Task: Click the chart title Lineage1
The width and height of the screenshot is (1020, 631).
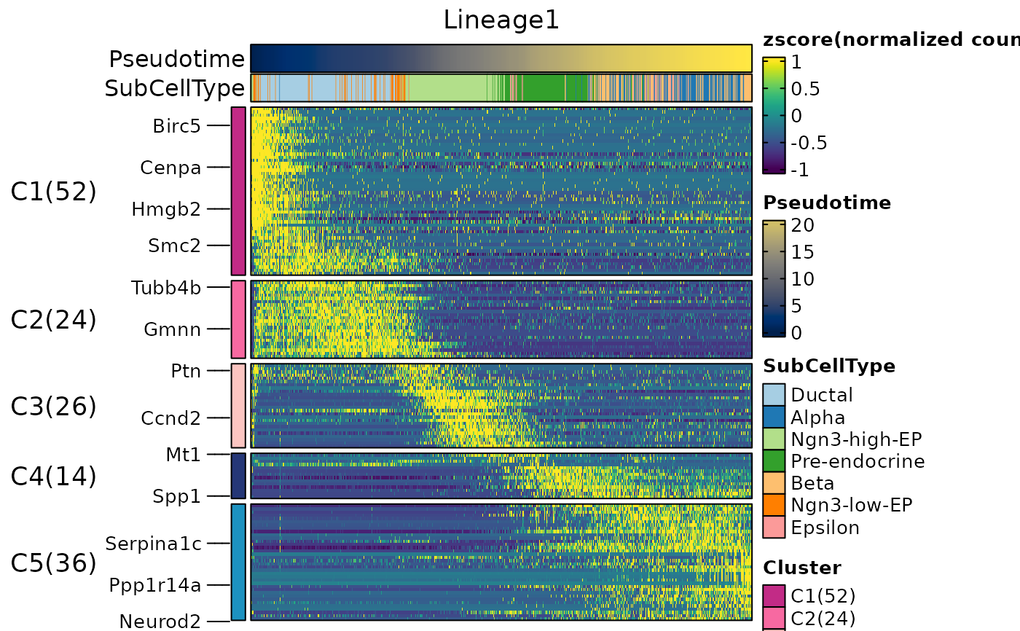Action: tap(501, 20)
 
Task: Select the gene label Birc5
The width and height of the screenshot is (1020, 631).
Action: tap(176, 126)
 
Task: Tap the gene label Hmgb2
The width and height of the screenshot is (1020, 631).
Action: tap(166, 209)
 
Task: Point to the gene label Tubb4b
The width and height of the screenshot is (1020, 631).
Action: tap(166, 288)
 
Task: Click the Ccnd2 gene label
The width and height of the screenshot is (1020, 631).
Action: tap(170, 418)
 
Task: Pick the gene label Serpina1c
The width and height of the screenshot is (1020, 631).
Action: tap(154, 544)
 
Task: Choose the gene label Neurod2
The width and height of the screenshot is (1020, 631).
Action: tap(160, 622)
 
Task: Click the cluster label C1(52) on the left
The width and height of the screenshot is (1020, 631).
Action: tap(53, 191)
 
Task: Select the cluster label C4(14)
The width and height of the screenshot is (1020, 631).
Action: tap(53, 476)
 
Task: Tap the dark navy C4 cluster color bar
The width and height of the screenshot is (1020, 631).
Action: tap(239, 476)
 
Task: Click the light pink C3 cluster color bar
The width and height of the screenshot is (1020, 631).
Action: tap(239, 406)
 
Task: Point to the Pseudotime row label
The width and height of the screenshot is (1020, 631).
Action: tap(176, 59)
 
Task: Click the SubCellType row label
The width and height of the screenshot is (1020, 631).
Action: tap(174, 88)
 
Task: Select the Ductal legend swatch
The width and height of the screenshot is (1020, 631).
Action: tap(774, 395)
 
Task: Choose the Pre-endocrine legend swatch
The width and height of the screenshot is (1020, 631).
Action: tap(774, 460)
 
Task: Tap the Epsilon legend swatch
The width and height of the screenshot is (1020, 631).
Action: tap(774, 528)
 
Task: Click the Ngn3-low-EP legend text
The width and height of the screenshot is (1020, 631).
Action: tap(852, 505)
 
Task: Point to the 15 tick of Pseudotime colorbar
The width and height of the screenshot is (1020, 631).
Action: tap(802, 252)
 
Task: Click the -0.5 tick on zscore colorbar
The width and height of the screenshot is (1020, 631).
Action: tap(809, 143)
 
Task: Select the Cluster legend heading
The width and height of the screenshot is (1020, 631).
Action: tap(802, 568)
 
